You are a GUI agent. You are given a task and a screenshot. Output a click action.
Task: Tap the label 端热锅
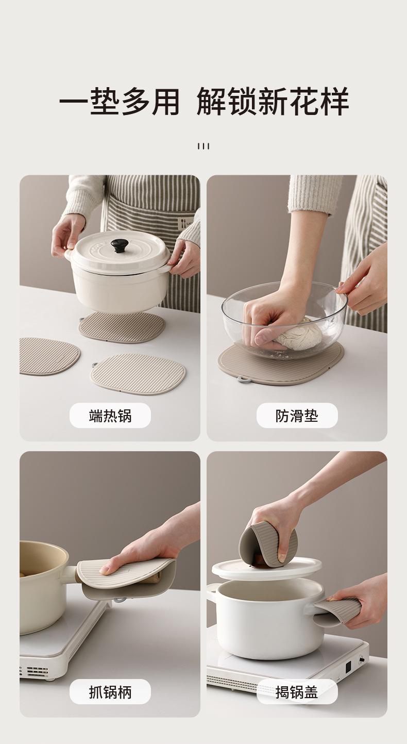110,416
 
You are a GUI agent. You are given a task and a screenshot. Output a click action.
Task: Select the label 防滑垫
297,416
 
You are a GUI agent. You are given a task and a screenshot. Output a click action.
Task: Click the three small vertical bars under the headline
203,146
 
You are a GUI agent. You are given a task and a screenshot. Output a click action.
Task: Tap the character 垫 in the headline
106,101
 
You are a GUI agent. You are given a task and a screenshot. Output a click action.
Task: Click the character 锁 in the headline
243,101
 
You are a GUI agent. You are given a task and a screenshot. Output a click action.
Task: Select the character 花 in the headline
303,101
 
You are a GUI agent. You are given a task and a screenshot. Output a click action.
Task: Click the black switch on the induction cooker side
348,667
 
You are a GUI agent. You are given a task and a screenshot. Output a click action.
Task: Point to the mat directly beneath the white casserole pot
122,327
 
